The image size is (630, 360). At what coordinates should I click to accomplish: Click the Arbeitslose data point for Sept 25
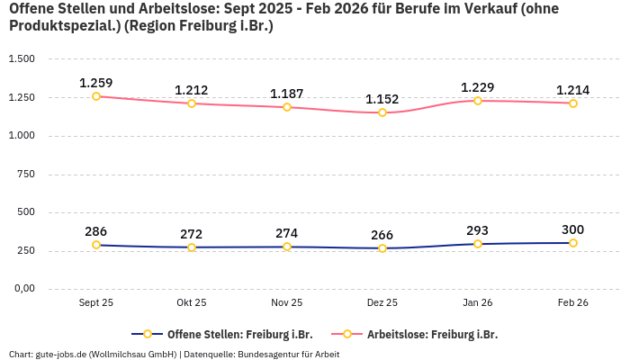(x=96, y=96)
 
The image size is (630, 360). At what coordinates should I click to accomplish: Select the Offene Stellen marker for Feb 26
(x=573, y=243)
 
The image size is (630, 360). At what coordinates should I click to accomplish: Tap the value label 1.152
(x=382, y=99)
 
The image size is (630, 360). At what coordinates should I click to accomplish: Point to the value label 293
(x=478, y=230)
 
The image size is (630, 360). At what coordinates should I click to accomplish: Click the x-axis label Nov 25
(x=287, y=303)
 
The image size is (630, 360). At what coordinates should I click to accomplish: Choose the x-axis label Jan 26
(x=478, y=303)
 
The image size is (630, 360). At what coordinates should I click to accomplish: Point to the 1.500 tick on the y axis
(x=22, y=59)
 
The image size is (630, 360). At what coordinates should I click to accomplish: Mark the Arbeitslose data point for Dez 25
(x=382, y=112)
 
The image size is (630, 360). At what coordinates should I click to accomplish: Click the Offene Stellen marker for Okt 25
(x=192, y=247)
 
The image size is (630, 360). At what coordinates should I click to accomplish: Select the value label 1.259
(x=96, y=83)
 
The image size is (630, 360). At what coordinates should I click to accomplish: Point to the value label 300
(x=573, y=229)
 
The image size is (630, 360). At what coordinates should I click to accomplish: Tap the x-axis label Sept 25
(x=96, y=303)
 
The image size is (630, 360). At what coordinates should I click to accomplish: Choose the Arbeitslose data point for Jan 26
(x=478, y=101)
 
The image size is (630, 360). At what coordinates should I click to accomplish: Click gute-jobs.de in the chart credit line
(x=60, y=354)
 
